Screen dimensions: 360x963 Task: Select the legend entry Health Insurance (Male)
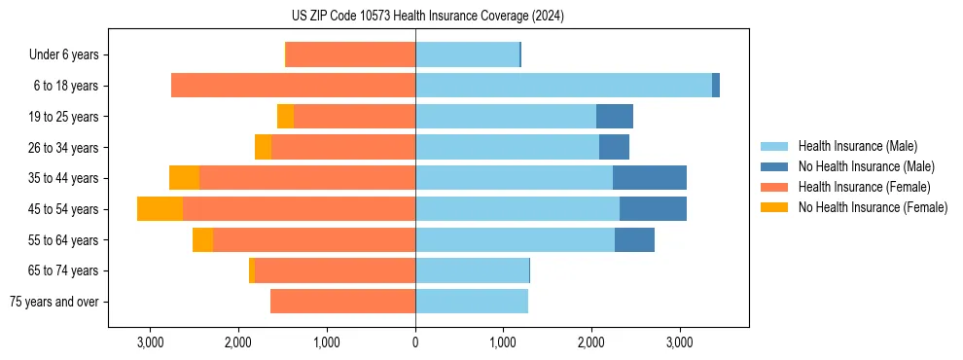[856, 146]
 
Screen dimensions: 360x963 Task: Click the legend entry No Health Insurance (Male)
[866, 166]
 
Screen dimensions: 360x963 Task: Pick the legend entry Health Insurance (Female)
[864, 187]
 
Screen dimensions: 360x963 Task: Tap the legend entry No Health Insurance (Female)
[873, 207]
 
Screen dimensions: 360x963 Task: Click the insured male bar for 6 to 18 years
[563, 86]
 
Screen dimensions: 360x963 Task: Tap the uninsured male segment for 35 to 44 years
[650, 178]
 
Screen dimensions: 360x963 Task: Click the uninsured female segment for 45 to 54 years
[160, 209]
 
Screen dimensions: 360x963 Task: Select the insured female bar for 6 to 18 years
[293, 86]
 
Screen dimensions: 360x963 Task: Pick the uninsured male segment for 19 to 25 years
[615, 117]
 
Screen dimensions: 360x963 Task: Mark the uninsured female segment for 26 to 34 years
[263, 147]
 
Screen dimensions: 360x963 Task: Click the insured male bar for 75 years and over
[472, 302]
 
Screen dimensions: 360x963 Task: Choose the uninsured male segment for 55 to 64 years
[634, 239]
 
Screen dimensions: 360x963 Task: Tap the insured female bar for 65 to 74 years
[335, 270]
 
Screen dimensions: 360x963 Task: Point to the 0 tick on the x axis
[415, 342]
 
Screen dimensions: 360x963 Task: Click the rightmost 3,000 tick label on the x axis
[679, 342]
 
